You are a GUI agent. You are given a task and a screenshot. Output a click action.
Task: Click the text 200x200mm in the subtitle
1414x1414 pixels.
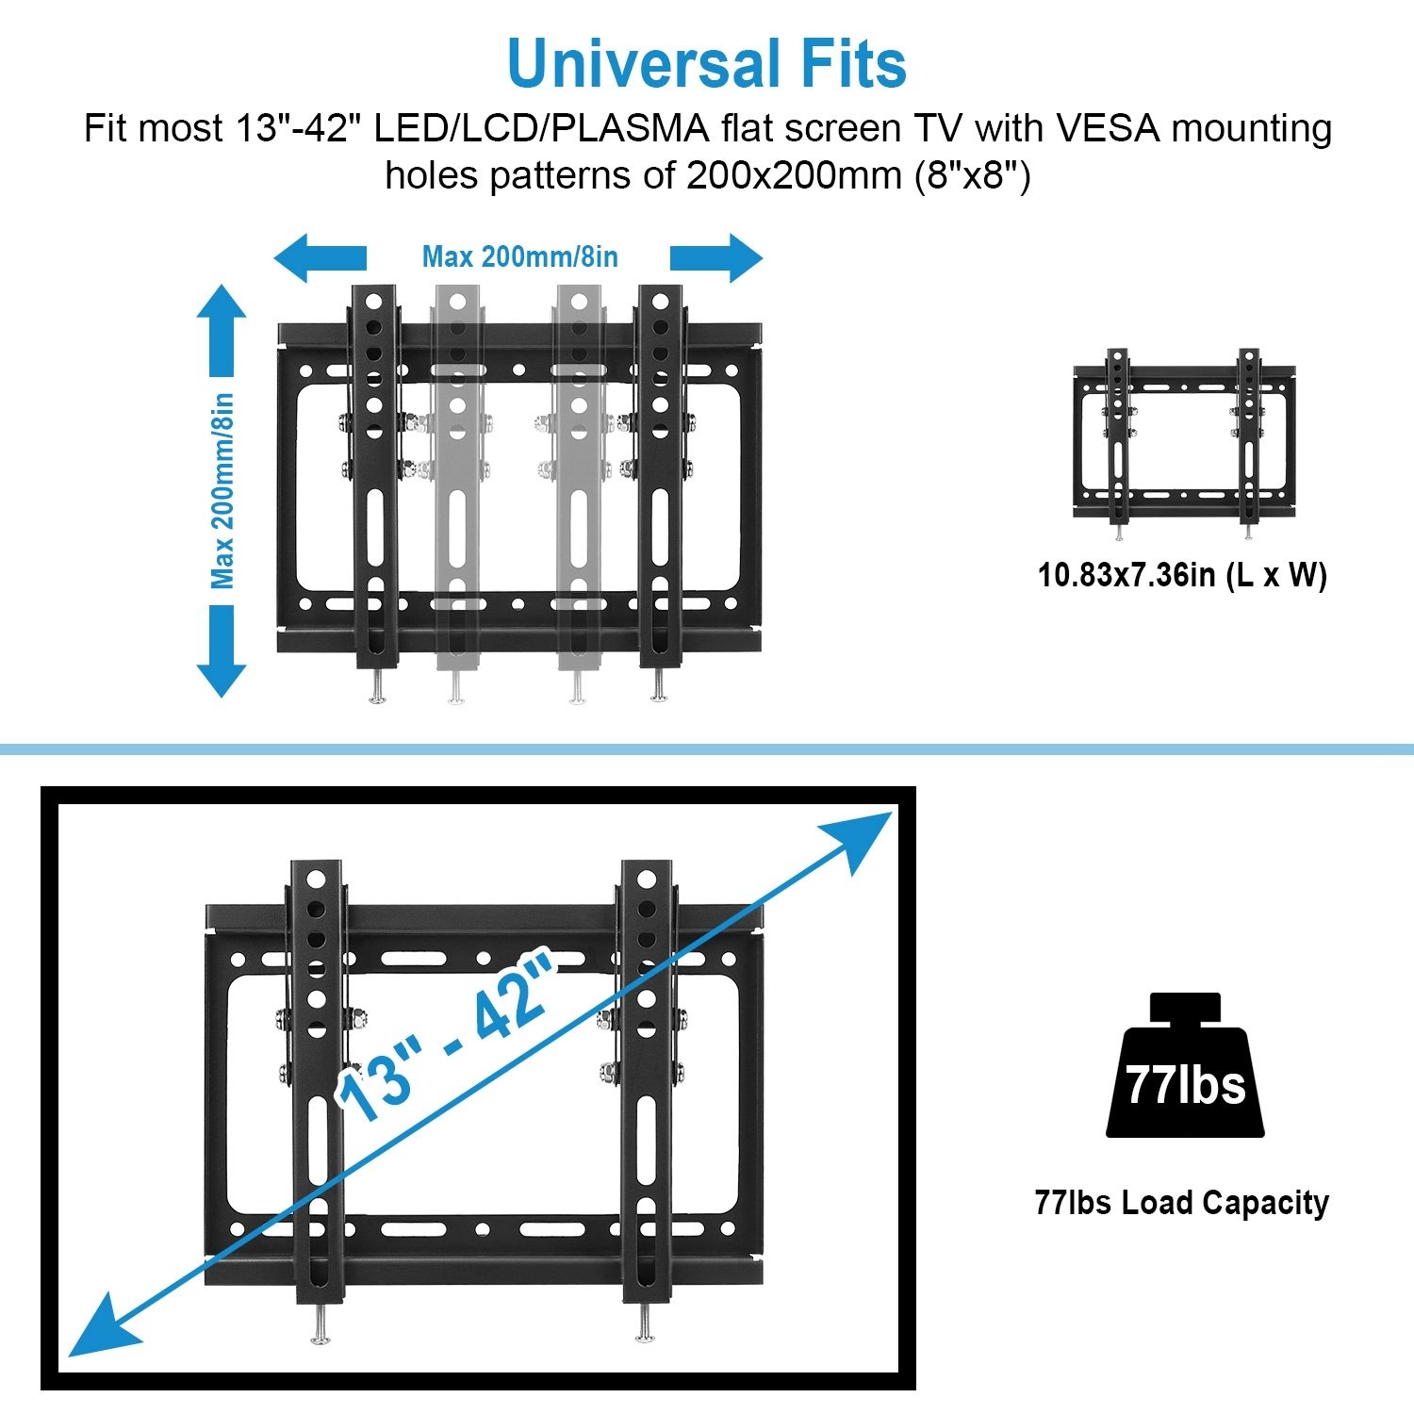click(x=794, y=175)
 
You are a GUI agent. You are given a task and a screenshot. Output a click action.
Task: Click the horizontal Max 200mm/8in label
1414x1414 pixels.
click(x=519, y=256)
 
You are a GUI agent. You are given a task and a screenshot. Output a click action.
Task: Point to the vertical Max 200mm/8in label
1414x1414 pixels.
click(x=222, y=490)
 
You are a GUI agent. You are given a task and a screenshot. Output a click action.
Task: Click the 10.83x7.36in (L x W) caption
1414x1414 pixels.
click(x=1182, y=574)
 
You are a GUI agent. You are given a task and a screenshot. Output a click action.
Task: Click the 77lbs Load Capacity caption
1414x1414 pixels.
click(x=1182, y=1203)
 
